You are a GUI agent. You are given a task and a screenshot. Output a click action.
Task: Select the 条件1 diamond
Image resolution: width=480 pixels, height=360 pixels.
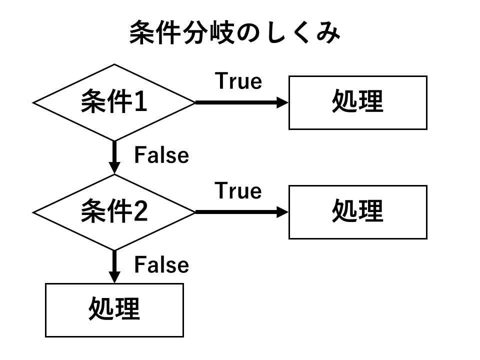[x=114, y=102]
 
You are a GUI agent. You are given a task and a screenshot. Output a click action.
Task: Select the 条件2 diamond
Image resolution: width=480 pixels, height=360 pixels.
[x=114, y=212]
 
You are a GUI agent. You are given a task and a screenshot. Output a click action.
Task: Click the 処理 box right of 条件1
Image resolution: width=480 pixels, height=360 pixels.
[x=357, y=102]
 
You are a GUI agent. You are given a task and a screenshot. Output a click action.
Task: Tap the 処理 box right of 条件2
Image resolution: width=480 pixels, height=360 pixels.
[x=357, y=212]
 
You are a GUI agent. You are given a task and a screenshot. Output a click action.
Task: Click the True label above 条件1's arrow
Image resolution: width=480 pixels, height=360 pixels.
[x=238, y=81]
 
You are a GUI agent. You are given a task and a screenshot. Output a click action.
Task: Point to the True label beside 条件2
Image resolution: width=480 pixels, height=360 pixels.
[x=238, y=191]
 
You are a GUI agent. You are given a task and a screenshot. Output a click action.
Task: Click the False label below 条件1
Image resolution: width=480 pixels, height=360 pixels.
[x=161, y=155]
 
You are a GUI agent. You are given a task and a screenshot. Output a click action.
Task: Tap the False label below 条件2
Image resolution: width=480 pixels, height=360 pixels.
[x=161, y=265]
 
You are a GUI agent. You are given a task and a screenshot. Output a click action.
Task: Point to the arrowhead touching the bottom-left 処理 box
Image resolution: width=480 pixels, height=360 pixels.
[x=114, y=278]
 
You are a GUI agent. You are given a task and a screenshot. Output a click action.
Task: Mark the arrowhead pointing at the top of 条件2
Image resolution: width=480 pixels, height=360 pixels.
[x=114, y=168]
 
